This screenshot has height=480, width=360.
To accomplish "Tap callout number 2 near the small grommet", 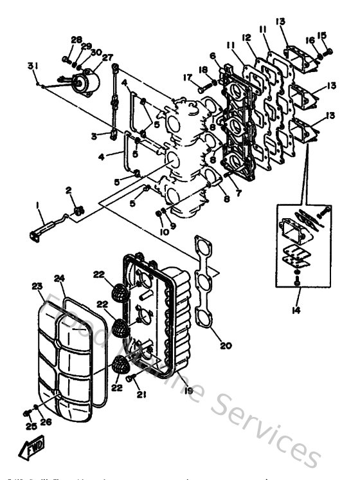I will pos(69,191).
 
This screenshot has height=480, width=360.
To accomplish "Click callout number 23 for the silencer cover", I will pos(37,286).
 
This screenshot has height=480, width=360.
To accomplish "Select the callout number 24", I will pos(59,279).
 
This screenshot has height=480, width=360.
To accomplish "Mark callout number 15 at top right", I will pos(322,35).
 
